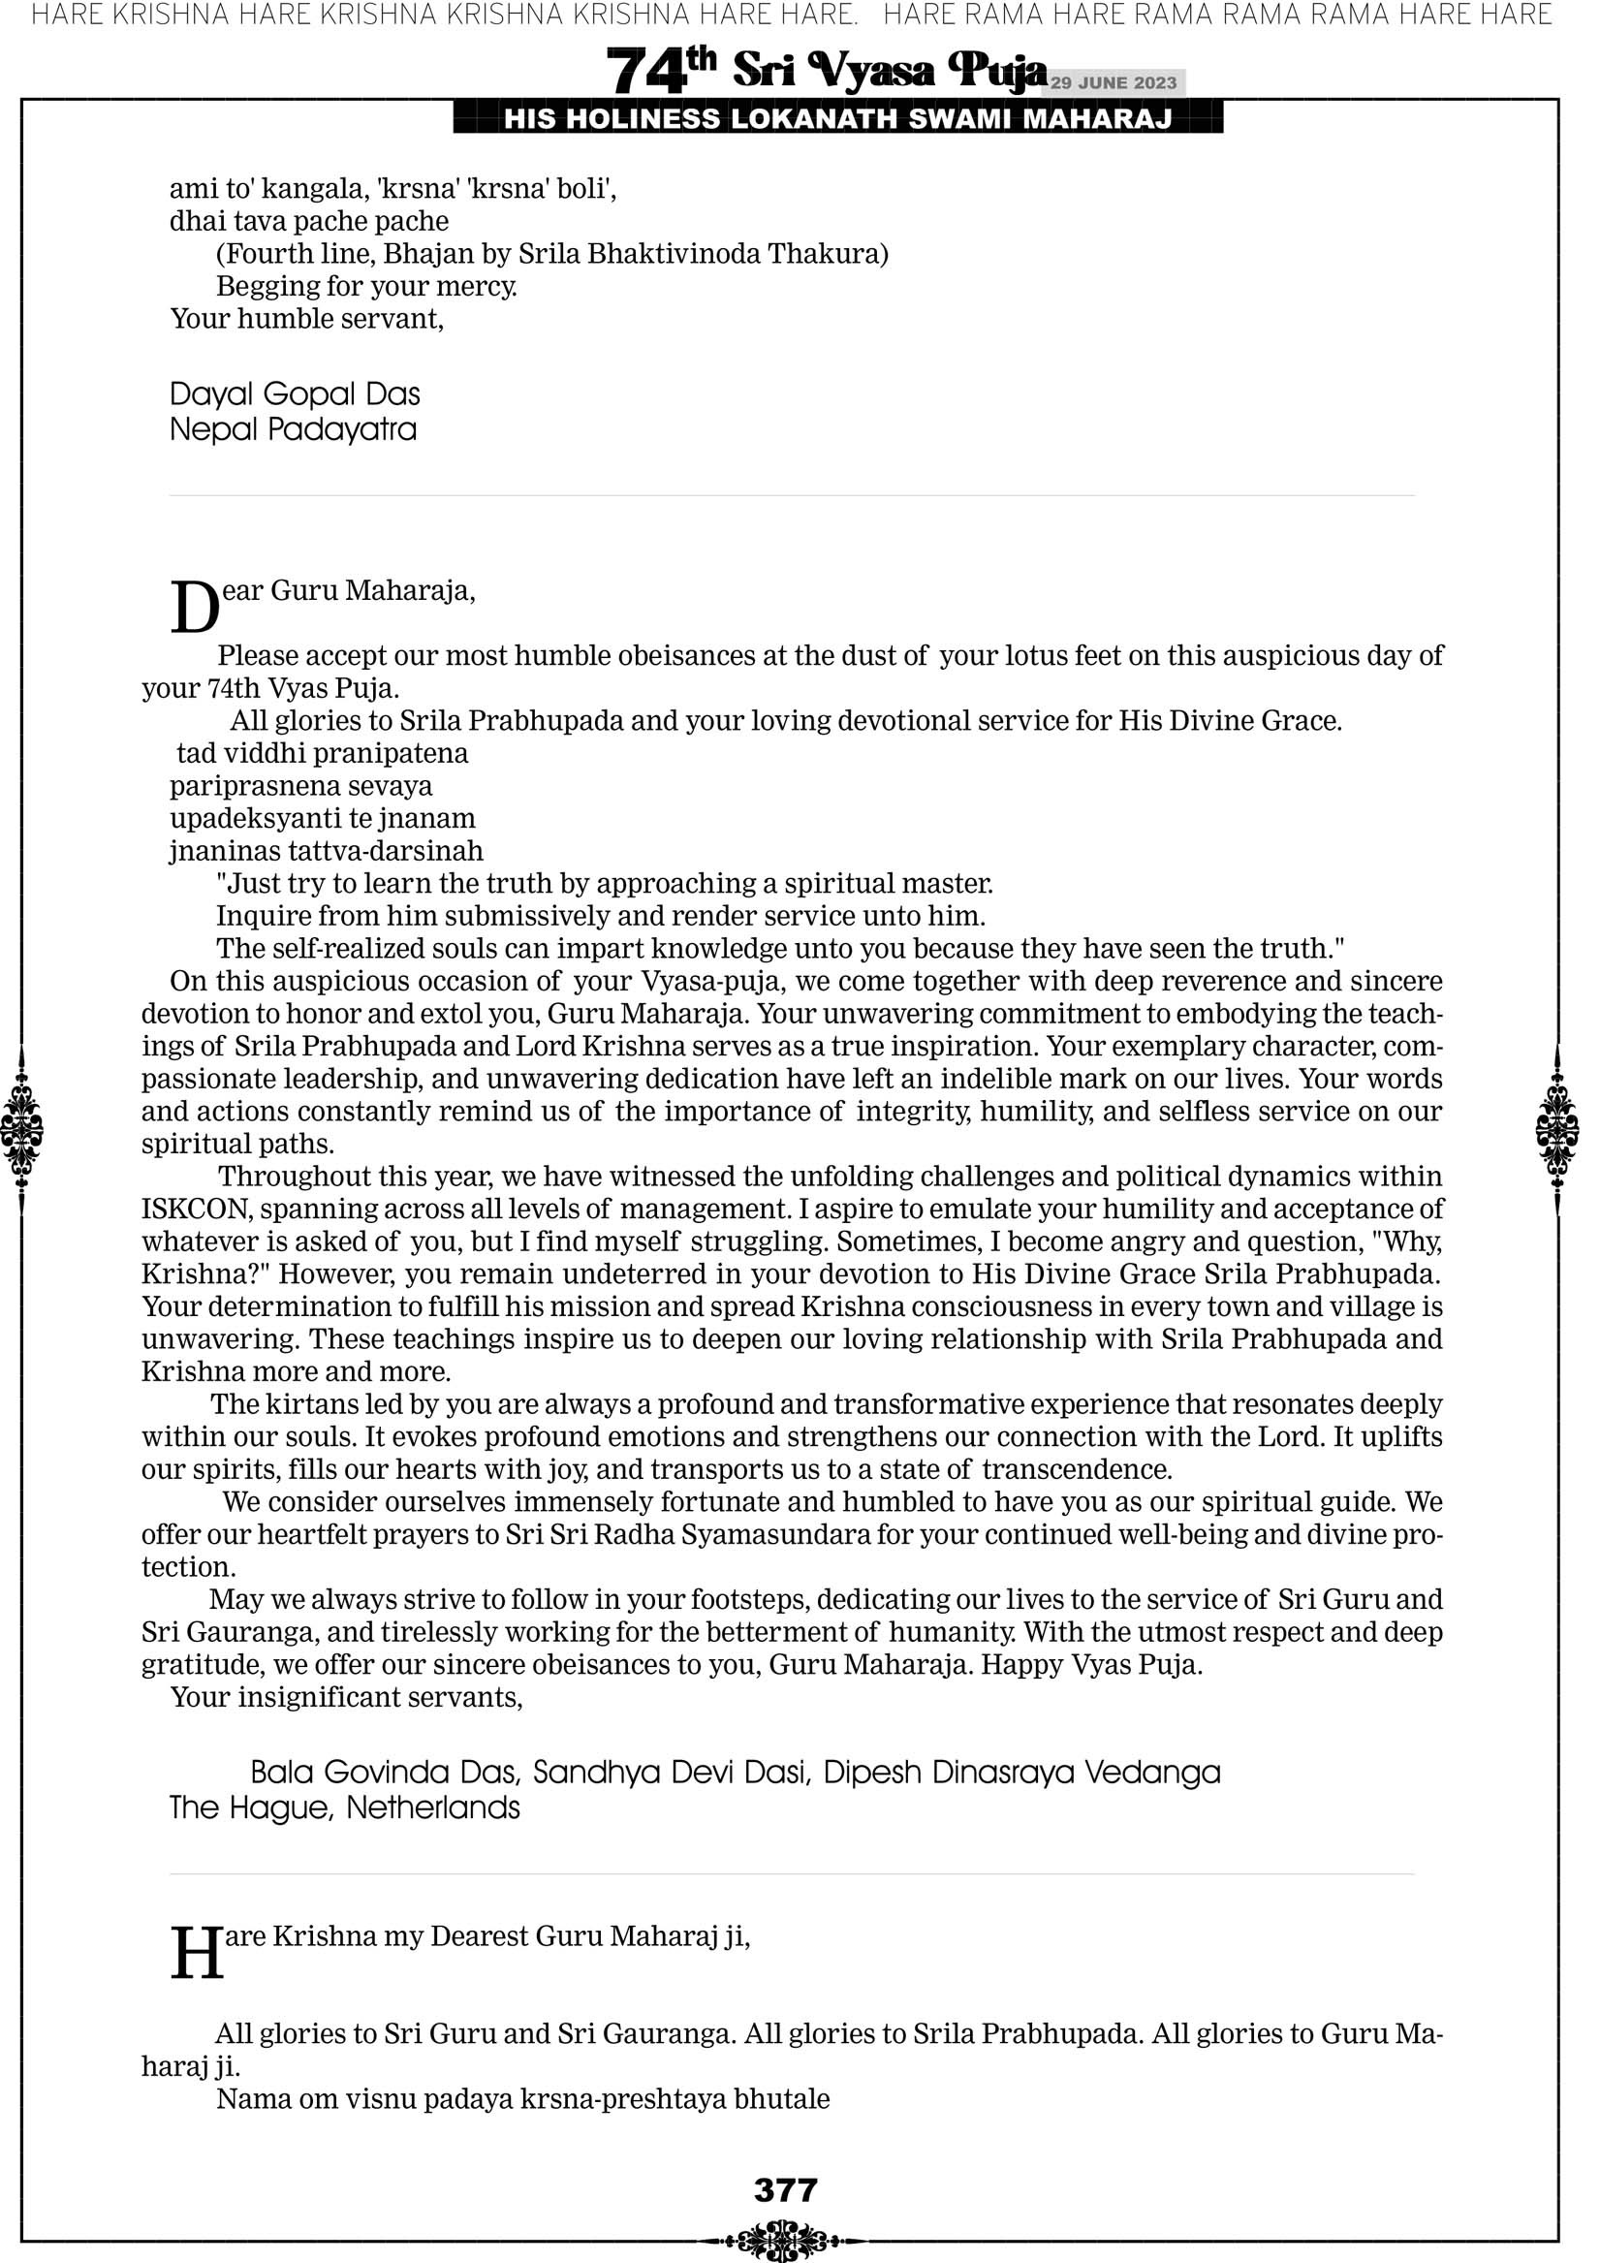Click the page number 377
785,2190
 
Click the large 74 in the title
645,72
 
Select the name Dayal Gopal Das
295,394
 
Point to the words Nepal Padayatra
293,429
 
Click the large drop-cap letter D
194,607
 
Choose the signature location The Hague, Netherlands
344,1807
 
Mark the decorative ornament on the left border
21,1129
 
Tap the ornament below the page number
783,2240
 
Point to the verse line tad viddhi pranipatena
323,754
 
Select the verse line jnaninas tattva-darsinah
327,852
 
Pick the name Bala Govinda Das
385,1773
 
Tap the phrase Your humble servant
306,320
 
